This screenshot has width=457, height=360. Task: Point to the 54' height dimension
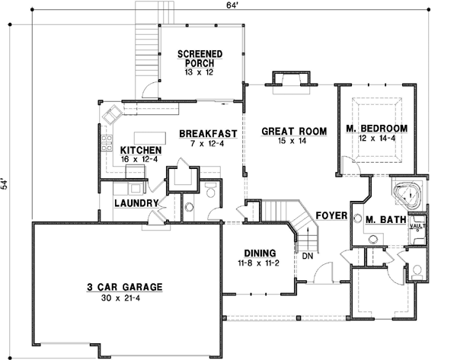pos(5,186)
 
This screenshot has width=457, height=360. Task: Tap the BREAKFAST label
pos(208,134)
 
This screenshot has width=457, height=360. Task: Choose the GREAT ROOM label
pos(294,132)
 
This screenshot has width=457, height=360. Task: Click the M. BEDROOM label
pos(376,128)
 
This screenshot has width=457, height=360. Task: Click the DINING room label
pos(259,253)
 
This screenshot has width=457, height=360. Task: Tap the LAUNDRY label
pos(136,204)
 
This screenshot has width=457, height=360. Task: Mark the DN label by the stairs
pos(307,256)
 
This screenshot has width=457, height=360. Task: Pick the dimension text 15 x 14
pos(293,142)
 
